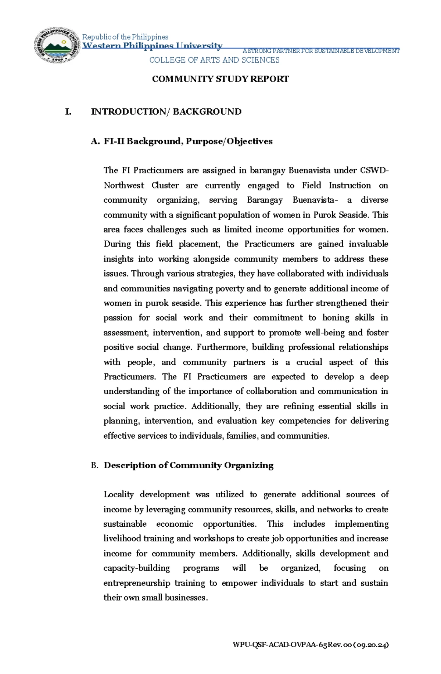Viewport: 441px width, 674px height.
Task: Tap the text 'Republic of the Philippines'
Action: pos(125,37)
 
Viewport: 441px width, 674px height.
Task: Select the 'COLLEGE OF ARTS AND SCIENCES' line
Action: pos(214,60)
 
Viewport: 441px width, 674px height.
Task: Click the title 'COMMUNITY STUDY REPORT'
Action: pos(220,79)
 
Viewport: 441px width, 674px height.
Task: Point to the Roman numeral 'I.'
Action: pos(68,112)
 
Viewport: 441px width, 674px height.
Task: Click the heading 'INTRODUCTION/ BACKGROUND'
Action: pos(166,112)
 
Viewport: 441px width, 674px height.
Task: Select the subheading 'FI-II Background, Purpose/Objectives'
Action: pos(188,141)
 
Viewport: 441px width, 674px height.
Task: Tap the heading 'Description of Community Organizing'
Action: pos(189,465)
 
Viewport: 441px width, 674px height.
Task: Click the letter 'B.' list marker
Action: pos(94,466)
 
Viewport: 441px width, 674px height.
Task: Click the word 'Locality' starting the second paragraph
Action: pos(118,494)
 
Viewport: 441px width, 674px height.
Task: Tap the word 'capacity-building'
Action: pos(136,568)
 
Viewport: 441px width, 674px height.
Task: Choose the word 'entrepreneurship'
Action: pos(137,583)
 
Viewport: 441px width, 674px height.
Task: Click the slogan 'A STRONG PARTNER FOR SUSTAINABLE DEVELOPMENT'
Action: pos(321,51)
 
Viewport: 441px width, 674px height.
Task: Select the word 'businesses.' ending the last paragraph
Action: pos(186,598)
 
